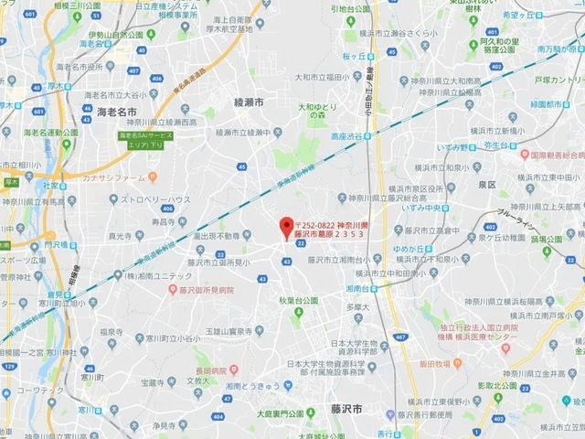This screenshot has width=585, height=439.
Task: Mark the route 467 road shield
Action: [x=400, y=337]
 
